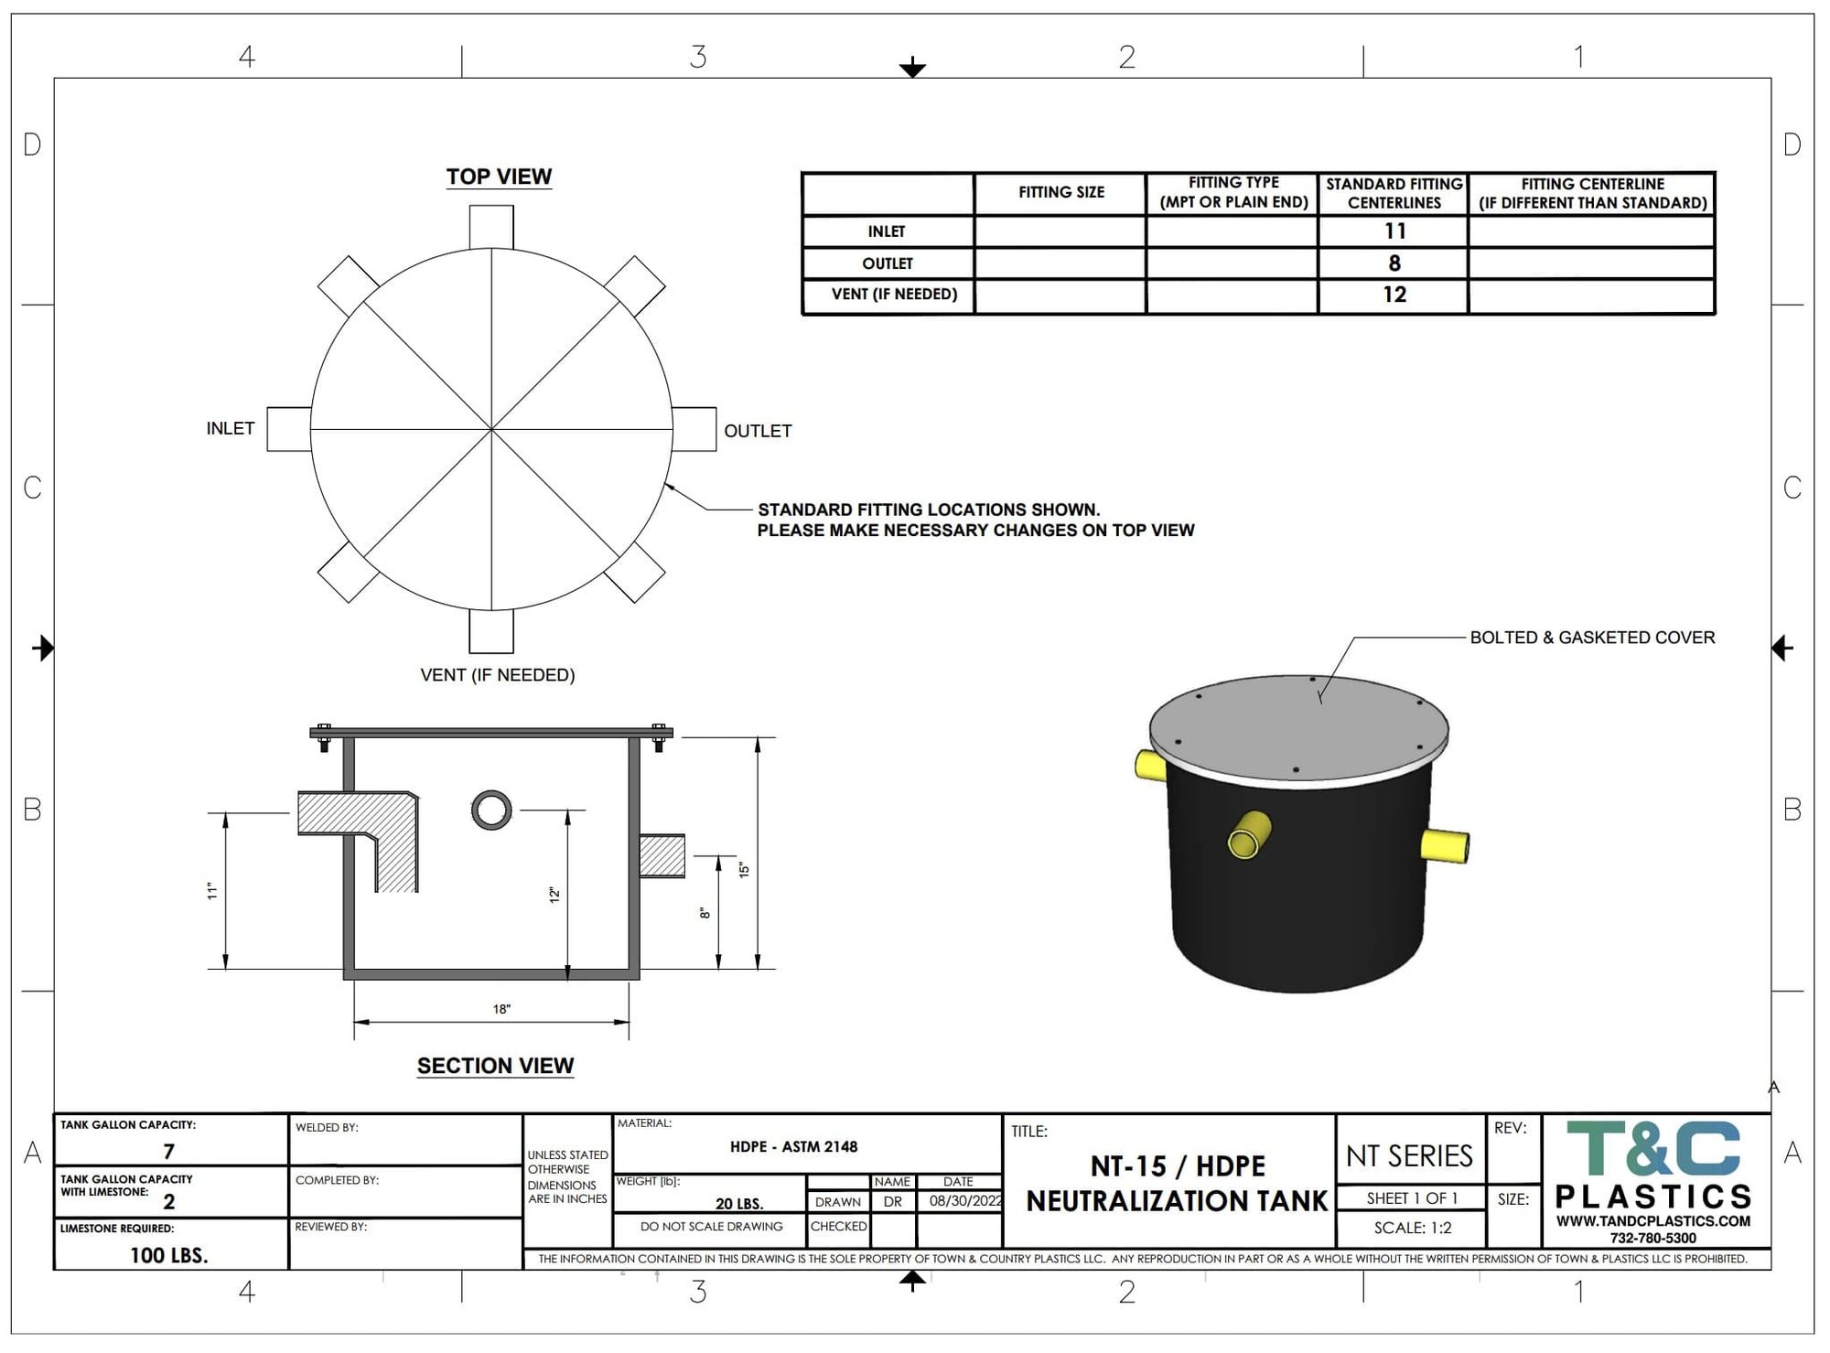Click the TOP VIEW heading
(x=499, y=177)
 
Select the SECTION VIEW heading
(x=495, y=1066)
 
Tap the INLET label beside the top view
(x=231, y=428)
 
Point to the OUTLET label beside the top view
(x=758, y=431)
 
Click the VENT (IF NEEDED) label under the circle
(x=498, y=675)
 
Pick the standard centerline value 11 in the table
(x=1394, y=231)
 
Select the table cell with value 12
(x=1394, y=295)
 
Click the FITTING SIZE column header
(x=1061, y=192)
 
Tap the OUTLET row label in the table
(x=888, y=263)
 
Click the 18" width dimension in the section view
(x=501, y=1009)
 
